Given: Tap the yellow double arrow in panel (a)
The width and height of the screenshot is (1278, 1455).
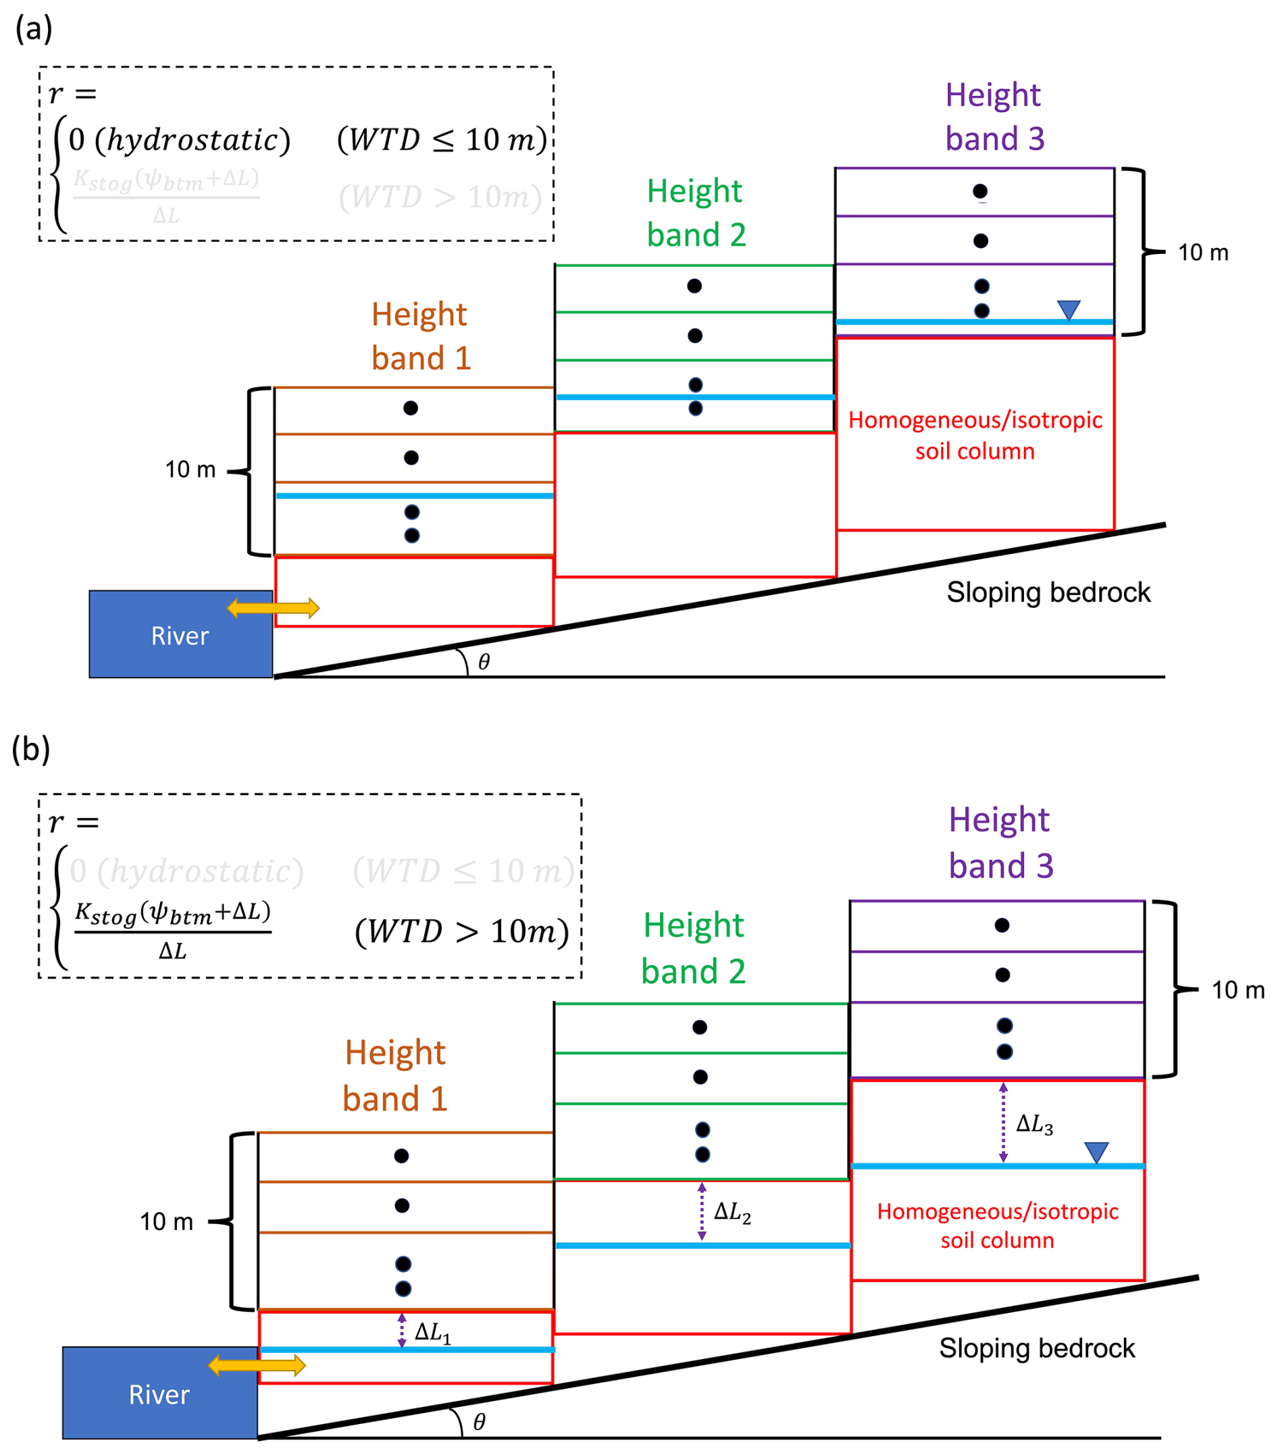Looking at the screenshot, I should [x=273, y=607].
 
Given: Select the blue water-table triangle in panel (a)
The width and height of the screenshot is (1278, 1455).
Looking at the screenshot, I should [x=1068, y=309].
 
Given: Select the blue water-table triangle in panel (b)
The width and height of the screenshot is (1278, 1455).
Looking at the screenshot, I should [x=1096, y=1152].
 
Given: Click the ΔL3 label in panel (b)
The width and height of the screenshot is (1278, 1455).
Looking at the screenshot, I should [x=1033, y=1124].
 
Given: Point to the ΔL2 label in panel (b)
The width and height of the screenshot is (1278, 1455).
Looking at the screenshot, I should [x=732, y=1212].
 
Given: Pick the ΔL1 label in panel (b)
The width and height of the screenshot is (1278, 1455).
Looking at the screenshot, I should [x=433, y=1332].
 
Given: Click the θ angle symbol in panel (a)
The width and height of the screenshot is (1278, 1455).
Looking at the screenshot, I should [x=484, y=662].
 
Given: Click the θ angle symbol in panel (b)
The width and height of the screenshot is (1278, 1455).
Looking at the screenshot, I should [x=479, y=1421].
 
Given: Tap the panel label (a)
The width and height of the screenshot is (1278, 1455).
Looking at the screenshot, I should [x=34, y=29].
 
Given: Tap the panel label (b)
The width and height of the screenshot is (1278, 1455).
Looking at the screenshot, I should [x=30, y=749].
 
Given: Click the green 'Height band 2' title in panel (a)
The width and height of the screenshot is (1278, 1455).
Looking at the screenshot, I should [x=696, y=213].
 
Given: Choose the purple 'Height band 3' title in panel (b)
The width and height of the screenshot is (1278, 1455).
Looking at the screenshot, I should [x=1000, y=842].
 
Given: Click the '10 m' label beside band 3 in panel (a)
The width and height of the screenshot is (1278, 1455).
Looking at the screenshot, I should [x=1202, y=252].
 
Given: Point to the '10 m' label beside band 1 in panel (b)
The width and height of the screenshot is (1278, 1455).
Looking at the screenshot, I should [x=166, y=1221].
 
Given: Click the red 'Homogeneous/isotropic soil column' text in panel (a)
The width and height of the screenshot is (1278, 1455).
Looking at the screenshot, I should [x=975, y=435].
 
